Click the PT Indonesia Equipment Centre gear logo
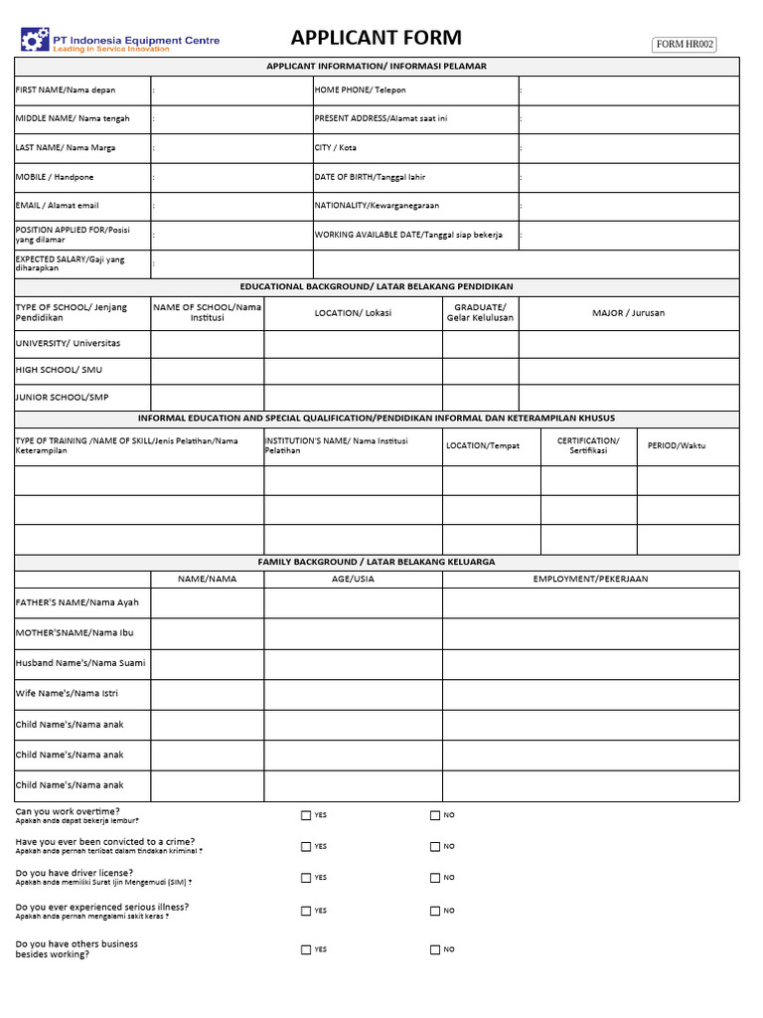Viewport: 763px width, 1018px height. (x=35, y=41)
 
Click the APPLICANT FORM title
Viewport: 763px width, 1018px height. (x=376, y=39)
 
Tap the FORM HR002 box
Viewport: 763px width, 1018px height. (x=684, y=44)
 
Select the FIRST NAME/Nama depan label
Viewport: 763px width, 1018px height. (x=66, y=90)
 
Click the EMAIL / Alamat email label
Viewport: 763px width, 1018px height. (x=58, y=206)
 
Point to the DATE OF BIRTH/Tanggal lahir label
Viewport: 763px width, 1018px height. (x=370, y=177)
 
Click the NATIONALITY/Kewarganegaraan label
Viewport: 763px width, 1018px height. (x=377, y=206)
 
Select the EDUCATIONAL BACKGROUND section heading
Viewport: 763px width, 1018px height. (x=377, y=286)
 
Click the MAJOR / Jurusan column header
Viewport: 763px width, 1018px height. (x=628, y=313)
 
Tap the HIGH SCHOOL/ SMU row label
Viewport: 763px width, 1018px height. (x=59, y=370)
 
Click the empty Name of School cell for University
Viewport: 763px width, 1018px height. (x=207, y=344)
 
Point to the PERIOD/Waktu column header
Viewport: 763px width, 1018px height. (x=677, y=445)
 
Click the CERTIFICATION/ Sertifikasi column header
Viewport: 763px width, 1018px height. (x=588, y=445)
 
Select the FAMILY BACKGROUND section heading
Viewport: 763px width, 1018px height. (x=377, y=562)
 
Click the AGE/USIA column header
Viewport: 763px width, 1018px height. (x=353, y=579)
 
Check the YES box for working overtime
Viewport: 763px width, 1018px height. (x=306, y=815)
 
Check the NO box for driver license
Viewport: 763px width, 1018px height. (x=434, y=878)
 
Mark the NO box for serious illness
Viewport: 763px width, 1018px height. (x=434, y=911)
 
